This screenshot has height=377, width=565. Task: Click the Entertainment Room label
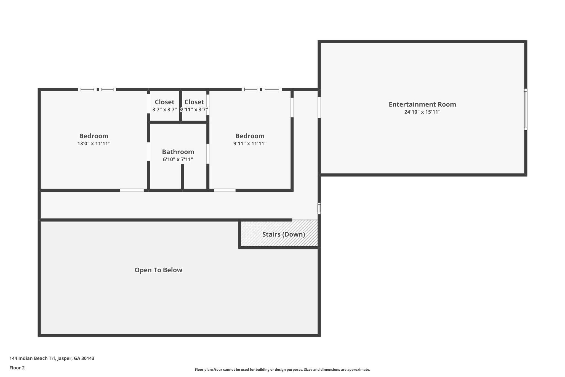(x=422, y=104)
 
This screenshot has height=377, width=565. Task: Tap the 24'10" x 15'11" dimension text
(x=422, y=112)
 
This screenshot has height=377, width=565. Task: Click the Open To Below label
(x=158, y=270)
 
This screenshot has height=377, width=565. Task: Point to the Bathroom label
(x=178, y=152)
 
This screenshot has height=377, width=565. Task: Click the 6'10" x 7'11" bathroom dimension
(x=178, y=160)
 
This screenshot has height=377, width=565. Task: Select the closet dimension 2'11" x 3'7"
(x=194, y=110)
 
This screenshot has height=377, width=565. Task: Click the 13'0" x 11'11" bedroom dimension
(x=94, y=144)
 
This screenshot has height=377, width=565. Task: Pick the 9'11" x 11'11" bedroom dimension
(x=250, y=144)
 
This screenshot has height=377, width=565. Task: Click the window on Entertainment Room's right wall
(x=526, y=109)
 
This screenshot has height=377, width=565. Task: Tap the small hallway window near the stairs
(x=319, y=208)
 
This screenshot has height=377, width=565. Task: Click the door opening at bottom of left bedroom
(x=132, y=190)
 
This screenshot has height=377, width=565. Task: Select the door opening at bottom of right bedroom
(x=225, y=190)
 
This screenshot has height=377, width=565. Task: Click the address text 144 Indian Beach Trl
(x=52, y=358)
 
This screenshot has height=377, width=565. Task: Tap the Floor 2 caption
(x=17, y=368)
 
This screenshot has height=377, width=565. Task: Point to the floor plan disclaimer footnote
(x=282, y=370)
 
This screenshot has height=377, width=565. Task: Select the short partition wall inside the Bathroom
(x=182, y=177)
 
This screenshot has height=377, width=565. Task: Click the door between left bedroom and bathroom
(x=148, y=151)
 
